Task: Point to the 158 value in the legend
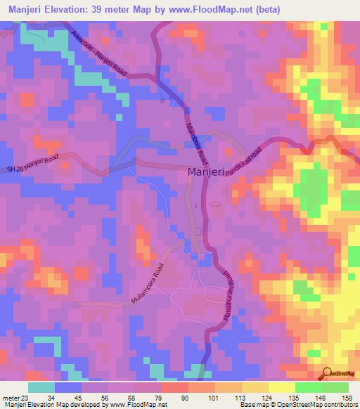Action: (x=347, y=398)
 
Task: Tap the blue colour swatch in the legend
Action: (x=67, y=387)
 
